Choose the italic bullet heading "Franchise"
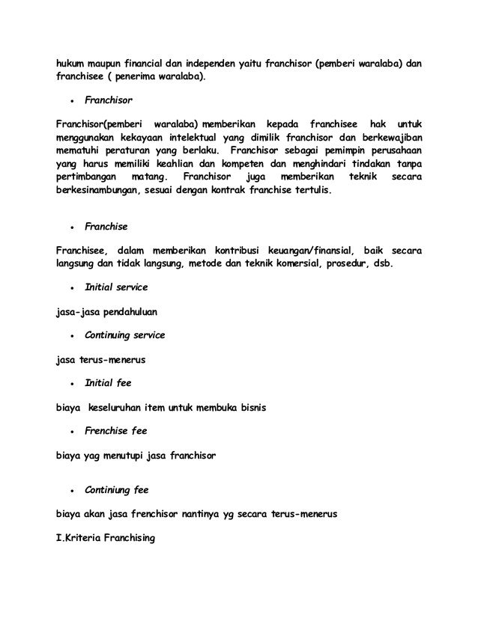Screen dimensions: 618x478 point(106,225)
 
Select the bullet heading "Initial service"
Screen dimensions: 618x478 point(116,287)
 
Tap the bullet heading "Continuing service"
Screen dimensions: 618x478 point(124,334)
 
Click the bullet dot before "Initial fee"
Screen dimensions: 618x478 point(71,383)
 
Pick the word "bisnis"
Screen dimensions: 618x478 point(249,407)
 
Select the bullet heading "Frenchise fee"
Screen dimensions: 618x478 point(115,431)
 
